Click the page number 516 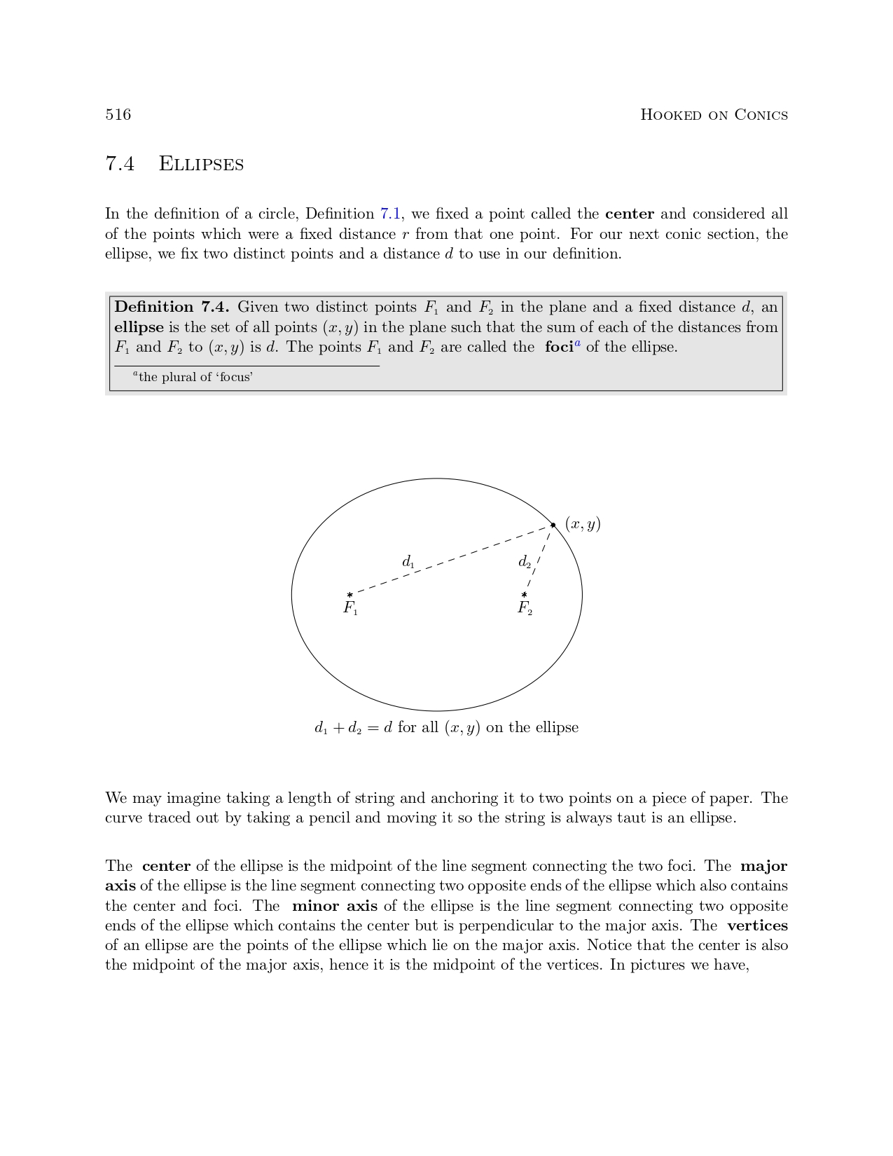click(x=118, y=115)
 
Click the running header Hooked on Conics click(x=714, y=115)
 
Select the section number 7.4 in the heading click(x=120, y=164)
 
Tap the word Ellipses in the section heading click(x=201, y=164)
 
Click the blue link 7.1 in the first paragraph click(x=390, y=214)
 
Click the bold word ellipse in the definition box click(x=139, y=327)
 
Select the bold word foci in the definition click(x=559, y=347)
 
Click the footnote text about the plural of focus click(x=195, y=377)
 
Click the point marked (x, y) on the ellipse click(x=553, y=524)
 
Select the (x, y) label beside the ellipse click(x=583, y=524)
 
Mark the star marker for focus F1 click(x=349, y=595)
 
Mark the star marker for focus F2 click(x=524, y=595)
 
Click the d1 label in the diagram click(x=408, y=561)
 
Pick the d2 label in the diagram click(x=524, y=561)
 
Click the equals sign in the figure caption click(x=373, y=728)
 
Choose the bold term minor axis click(x=334, y=906)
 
